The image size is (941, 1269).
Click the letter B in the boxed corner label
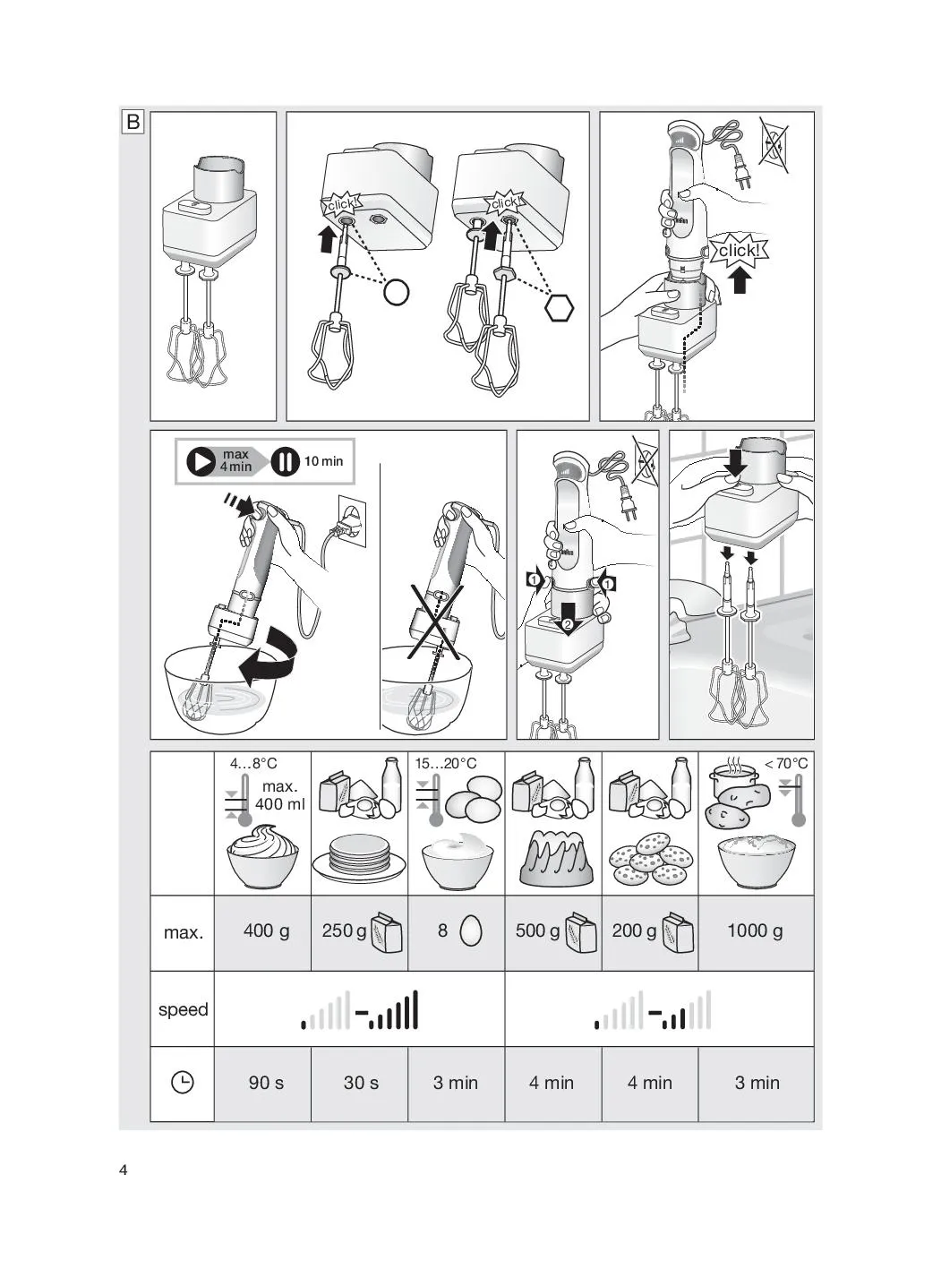(x=133, y=122)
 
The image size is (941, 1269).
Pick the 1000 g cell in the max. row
(x=755, y=930)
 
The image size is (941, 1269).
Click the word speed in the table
(x=183, y=1010)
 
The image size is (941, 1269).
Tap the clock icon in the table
(x=183, y=1082)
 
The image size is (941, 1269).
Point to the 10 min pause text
(x=323, y=461)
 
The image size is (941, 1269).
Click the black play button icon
(x=201, y=461)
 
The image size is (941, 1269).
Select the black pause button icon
(x=285, y=461)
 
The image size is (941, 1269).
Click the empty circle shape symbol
(x=396, y=292)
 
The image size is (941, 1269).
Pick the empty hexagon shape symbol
(x=559, y=308)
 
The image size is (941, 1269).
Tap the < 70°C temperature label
(x=786, y=763)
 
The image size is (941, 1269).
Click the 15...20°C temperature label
(x=446, y=763)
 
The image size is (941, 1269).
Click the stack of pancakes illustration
(x=359, y=858)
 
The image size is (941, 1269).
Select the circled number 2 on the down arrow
(x=567, y=625)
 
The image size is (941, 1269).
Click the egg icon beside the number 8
(x=470, y=930)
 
